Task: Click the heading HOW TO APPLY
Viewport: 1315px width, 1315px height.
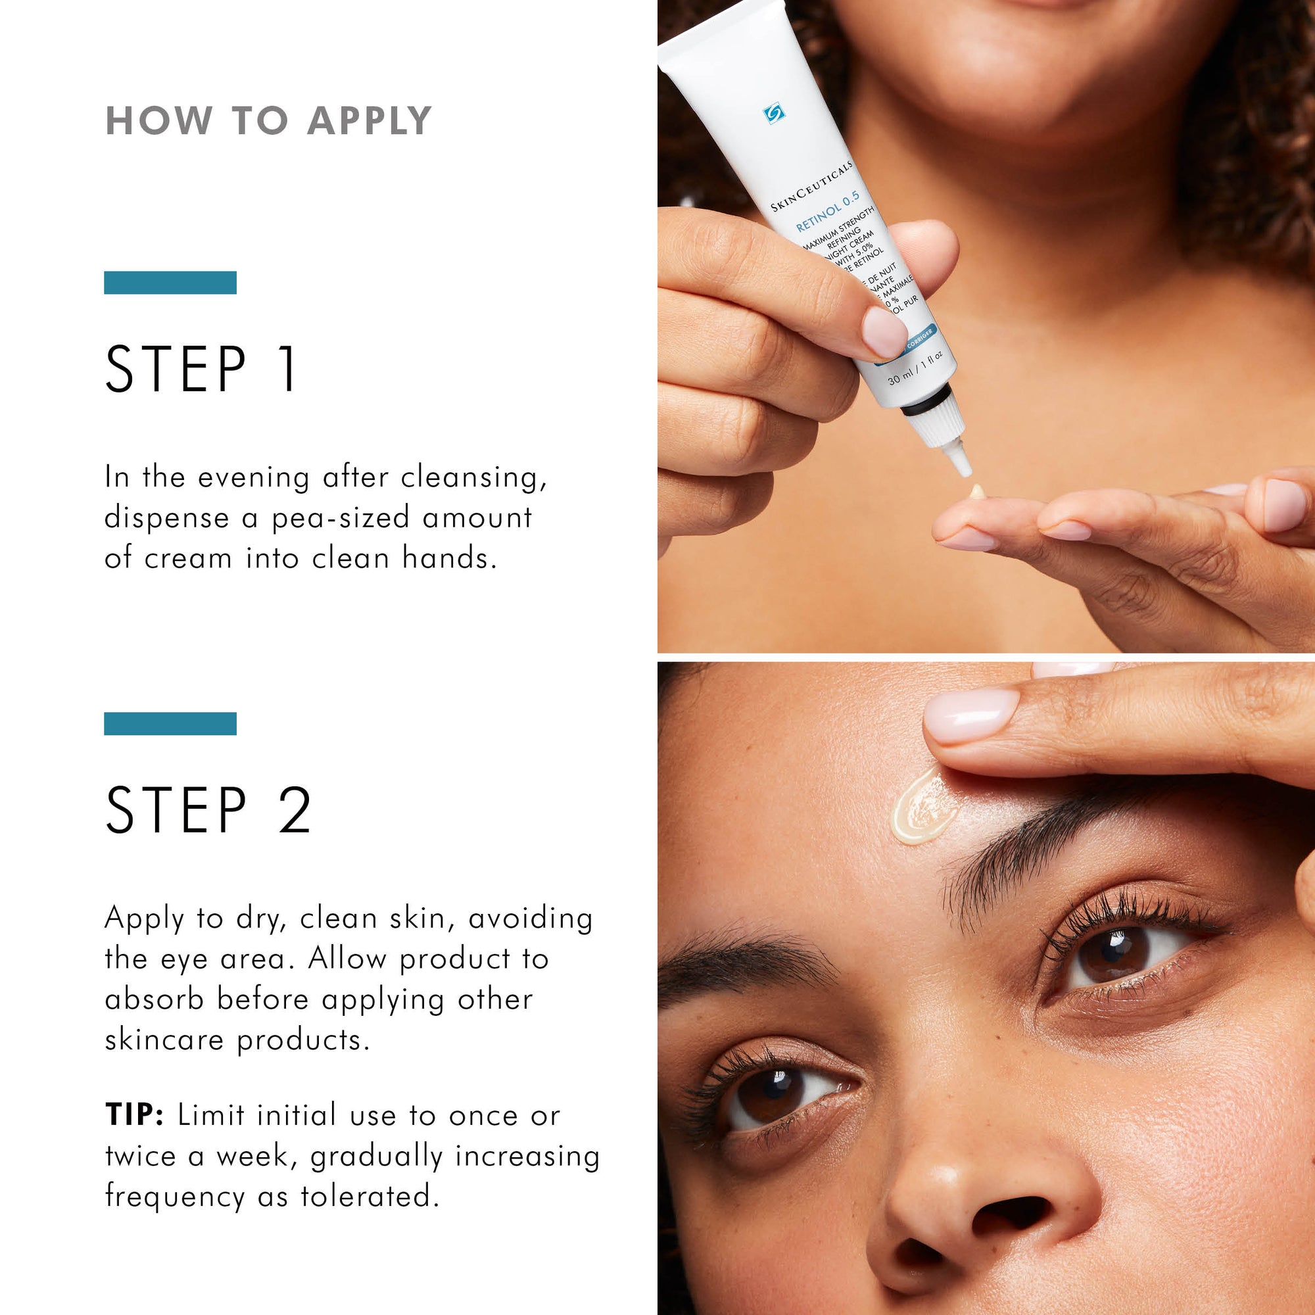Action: coord(269,121)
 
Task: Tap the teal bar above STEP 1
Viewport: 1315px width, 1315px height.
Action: coord(170,283)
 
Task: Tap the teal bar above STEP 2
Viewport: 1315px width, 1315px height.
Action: coord(170,723)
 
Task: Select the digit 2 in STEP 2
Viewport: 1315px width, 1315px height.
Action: coord(295,809)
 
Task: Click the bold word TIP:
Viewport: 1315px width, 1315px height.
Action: coord(134,1116)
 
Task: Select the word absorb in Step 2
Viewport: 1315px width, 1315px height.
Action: coord(155,1000)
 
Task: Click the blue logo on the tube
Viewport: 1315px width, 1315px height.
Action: coord(774,114)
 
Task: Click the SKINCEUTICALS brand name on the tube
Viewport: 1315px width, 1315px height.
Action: coord(811,186)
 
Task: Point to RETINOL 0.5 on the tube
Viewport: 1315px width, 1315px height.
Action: coord(828,212)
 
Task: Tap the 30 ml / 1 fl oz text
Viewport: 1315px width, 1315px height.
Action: coord(915,368)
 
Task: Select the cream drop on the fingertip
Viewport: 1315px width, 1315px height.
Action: coord(978,490)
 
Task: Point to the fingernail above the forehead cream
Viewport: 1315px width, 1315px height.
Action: coord(970,714)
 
